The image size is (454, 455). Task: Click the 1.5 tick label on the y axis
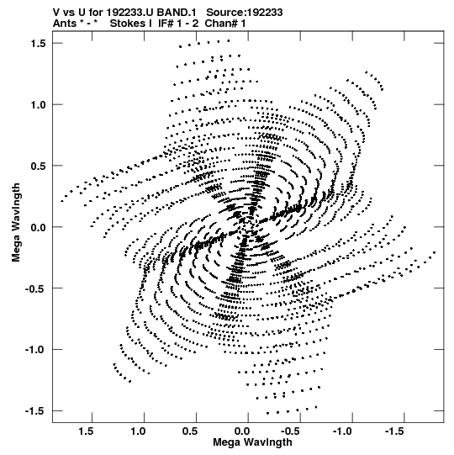coord(39,44)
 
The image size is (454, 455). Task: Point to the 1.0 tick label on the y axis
coord(39,105)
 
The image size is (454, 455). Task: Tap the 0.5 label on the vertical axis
coord(39,166)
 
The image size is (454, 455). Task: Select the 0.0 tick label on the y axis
coord(39,227)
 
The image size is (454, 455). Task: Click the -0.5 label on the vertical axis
coord(35,288)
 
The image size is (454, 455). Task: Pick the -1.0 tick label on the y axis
coord(35,350)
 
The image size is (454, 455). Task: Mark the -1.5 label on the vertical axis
coord(35,411)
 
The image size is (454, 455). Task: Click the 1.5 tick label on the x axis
coord(86,431)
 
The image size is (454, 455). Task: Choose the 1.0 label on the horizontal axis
coord(138,431)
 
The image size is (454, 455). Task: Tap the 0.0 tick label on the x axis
coord(242,431)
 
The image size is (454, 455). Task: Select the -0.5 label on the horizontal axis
coord(291,431)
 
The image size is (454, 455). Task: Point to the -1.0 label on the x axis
coord(343,431)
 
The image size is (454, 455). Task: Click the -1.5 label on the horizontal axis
coord(395,431)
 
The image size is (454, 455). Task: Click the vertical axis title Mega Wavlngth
coord(16,223)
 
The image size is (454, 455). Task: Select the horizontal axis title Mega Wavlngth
coord(252,442)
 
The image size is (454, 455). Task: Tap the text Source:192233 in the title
coord(245,13)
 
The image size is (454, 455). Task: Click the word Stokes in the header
coord(131,24)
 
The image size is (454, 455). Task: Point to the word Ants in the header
coord(65,24)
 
